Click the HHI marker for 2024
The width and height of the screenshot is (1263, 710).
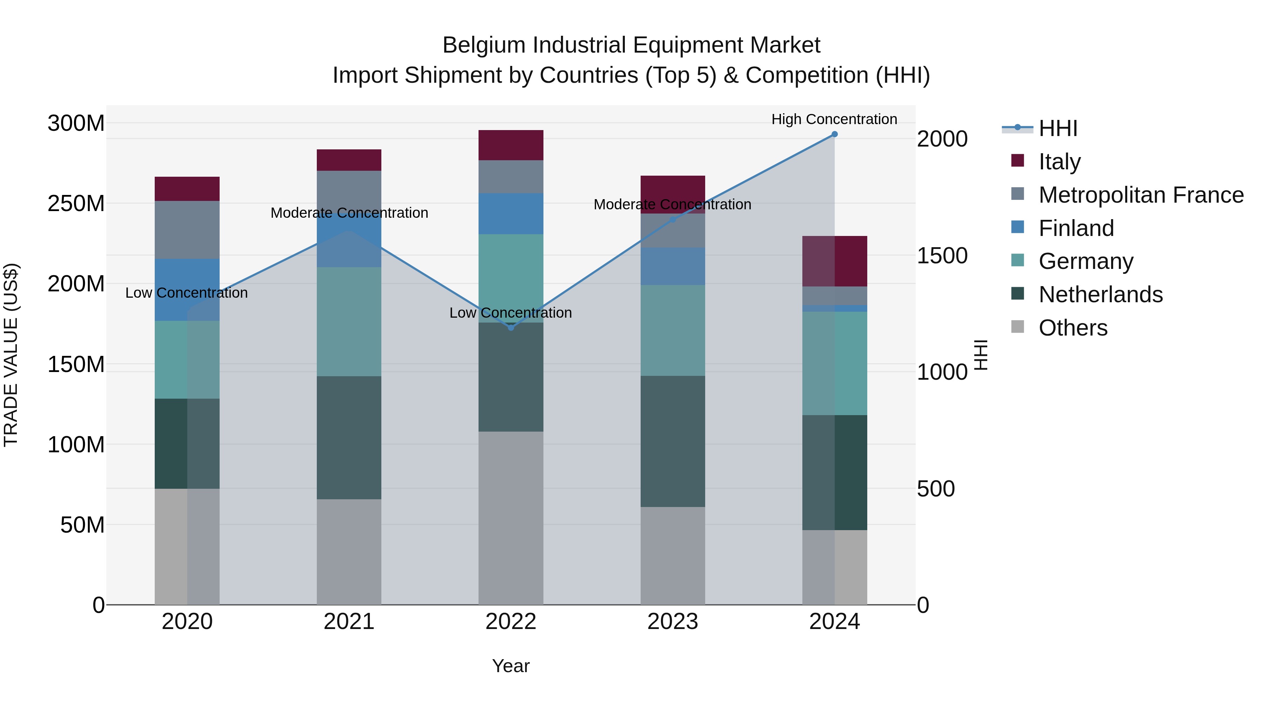point(835,134)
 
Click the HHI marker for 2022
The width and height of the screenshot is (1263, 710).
point(511,327)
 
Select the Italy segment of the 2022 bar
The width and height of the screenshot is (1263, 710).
point(511,145)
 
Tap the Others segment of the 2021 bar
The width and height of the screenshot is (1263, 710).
point(349,552)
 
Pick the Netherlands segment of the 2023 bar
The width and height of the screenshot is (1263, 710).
point(673,441)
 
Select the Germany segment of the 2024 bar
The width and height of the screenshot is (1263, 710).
point(835,363)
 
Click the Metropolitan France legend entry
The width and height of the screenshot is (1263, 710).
point(1141,195)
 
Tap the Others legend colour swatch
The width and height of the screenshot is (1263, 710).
point(1018,326)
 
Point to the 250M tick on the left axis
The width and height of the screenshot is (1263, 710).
point(76,203)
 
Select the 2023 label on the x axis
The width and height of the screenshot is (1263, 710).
point(673,622)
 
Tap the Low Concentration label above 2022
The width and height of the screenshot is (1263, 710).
point(510,313)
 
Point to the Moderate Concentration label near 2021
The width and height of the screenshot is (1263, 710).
point(349,213)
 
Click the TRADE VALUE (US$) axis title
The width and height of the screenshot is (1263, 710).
point(11,355)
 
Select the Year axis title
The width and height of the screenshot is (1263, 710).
point(511,666)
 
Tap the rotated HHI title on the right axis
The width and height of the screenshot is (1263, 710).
point(980,355)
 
